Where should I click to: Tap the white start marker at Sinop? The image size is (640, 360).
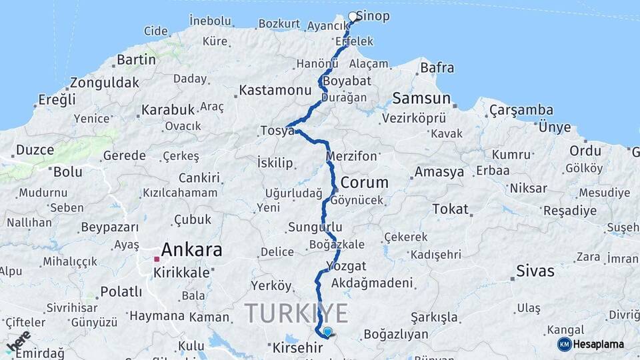[353, 17]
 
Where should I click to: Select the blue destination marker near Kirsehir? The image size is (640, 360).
[327, 331]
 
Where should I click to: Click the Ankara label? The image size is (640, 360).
[191, 250]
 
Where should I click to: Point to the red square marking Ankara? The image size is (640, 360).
[157, 259]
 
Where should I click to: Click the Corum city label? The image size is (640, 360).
[364, 182]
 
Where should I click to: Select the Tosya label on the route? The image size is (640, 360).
[277, 131]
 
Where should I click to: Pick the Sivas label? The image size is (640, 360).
[535, 271]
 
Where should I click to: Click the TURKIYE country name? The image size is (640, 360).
[297, 313]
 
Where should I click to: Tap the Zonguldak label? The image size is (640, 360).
[105, 83]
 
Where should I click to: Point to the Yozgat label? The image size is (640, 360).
[347, 266]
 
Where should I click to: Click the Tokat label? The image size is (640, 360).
[450, 209]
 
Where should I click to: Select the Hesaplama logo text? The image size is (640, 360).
[599, 344]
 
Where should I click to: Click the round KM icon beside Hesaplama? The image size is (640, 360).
[565, 344]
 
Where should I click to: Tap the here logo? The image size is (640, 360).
[18, 341]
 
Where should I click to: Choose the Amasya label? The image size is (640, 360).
[439, 172]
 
